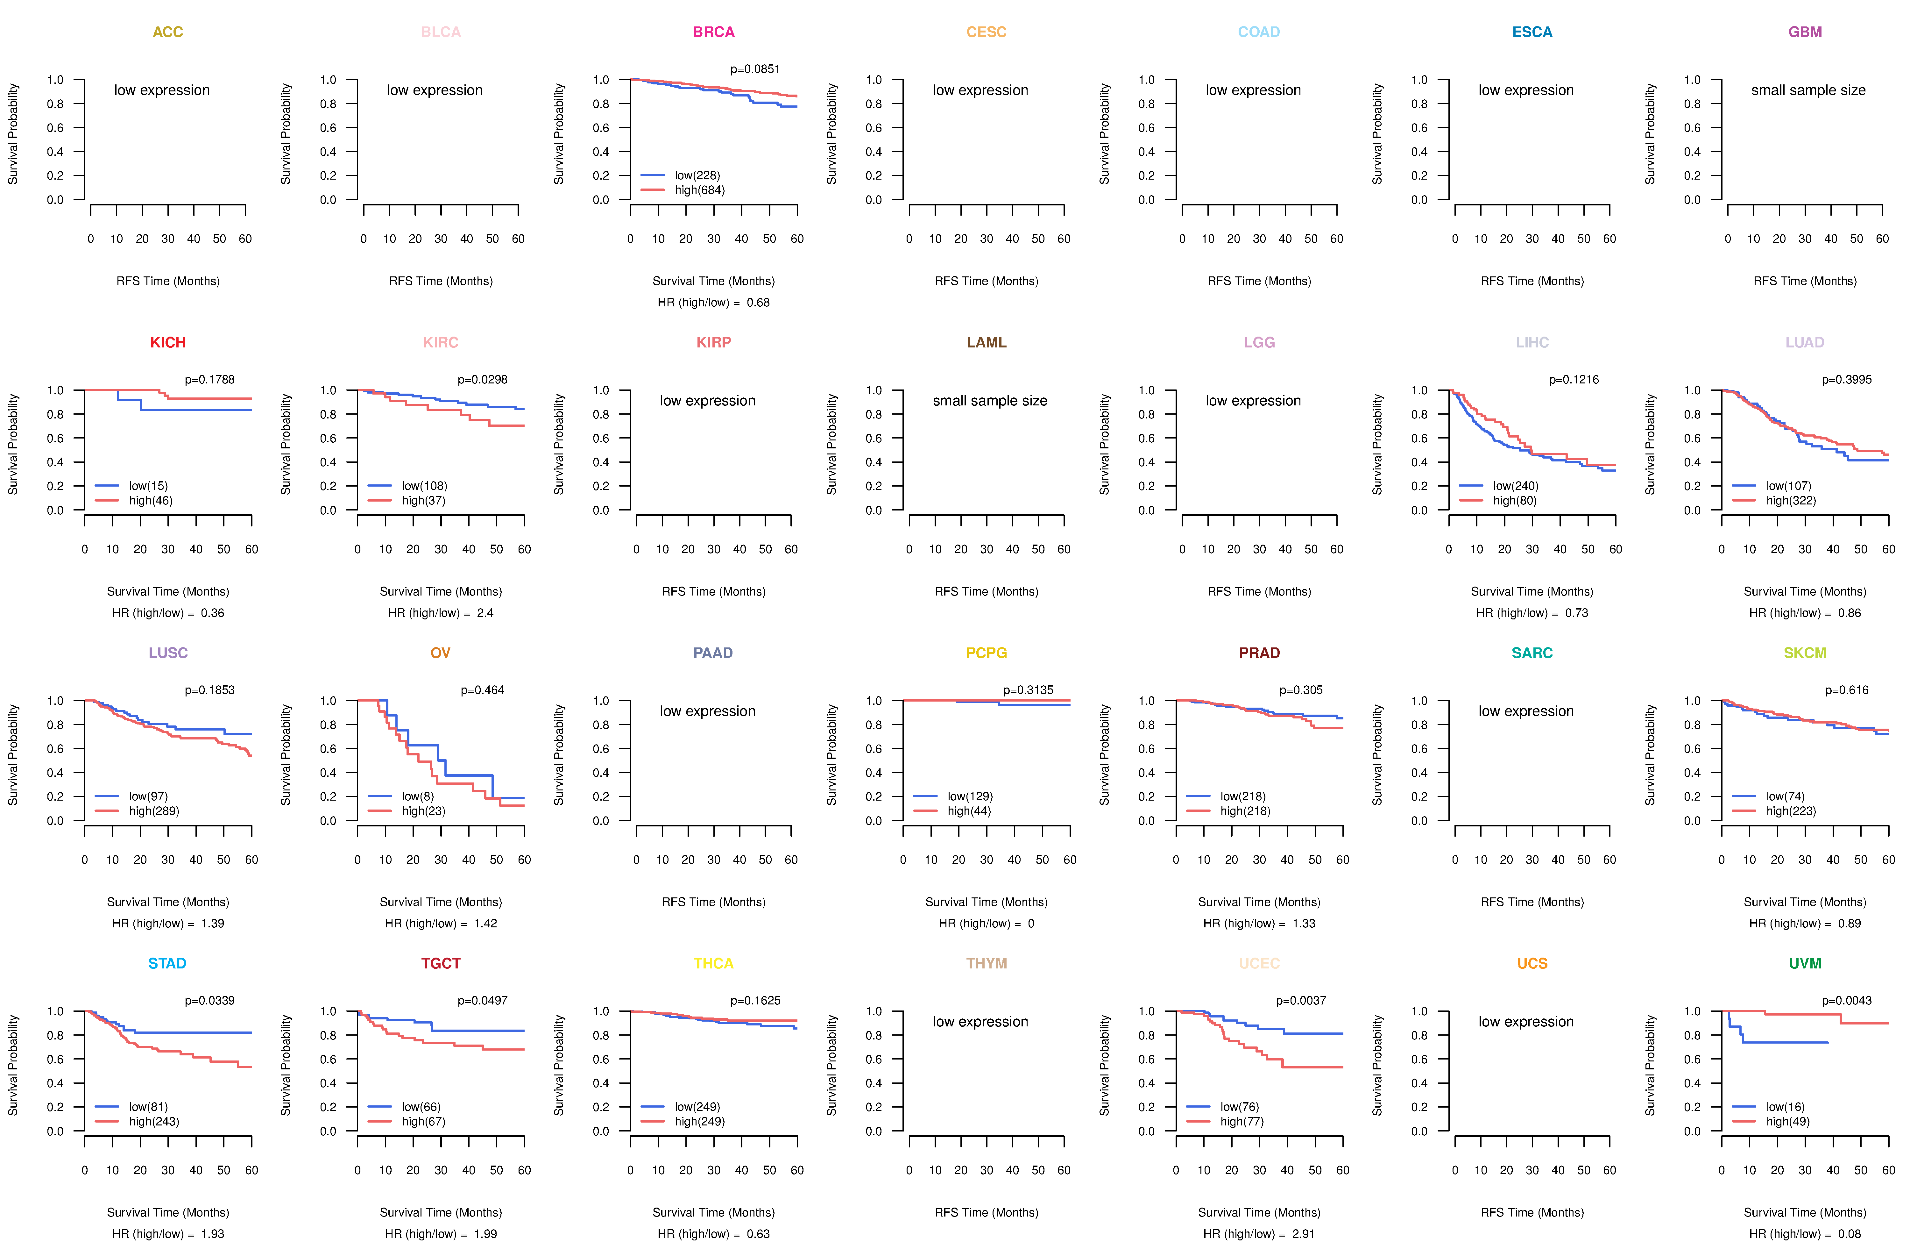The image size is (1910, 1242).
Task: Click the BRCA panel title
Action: tap(713, 32)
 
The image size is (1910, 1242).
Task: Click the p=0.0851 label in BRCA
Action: tap(754, 69)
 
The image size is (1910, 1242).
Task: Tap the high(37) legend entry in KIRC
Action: tap(423, 500)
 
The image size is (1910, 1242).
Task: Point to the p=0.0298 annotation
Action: tap(482, 380)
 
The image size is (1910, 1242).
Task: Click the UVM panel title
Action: tap(1805, 963)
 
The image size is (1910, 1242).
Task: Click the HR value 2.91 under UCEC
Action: tap(1303, 1234)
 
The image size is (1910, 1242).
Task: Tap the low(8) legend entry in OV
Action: tap(417, 796)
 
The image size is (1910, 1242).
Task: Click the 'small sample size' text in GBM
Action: tap(1808, 90)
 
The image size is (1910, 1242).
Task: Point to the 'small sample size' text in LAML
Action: tap(989, 401)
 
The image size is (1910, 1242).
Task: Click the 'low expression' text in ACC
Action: tap(162, 90)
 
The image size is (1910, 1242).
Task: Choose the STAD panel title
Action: tap(167, 963)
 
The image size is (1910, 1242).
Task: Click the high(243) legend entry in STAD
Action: tap(153, 1122)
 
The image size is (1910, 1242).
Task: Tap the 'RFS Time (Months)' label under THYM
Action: tap(986, 1212)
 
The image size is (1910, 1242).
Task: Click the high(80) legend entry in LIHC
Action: tap(1514, 500)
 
